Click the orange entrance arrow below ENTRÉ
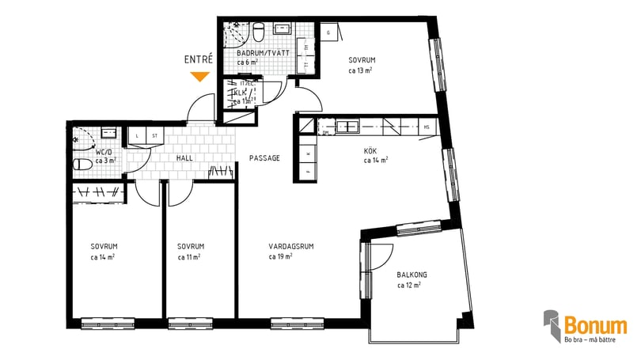[199, 77]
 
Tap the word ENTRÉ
[198, 59]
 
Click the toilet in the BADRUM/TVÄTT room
[258, 31]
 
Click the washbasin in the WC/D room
[109, 133]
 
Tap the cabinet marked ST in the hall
[154, 136]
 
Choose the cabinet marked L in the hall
[138, 136]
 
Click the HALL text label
[184, 158]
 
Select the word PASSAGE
[264, 158]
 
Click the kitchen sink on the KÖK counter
[348, 126]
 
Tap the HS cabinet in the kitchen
[427, 126]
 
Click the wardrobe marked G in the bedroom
[329, 32]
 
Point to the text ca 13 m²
[361, 70]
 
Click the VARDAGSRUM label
[291, 246]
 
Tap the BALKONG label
[412, 275]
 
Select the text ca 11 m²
[189, 256]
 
